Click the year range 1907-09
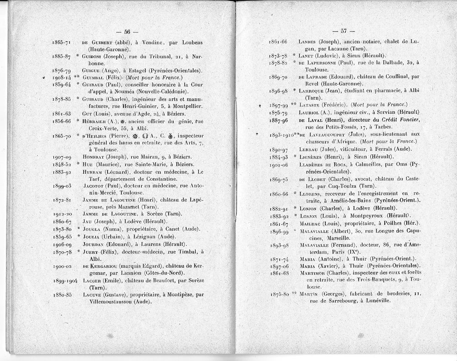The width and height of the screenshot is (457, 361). (63, 156)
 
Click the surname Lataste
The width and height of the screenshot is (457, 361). (310, 105)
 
